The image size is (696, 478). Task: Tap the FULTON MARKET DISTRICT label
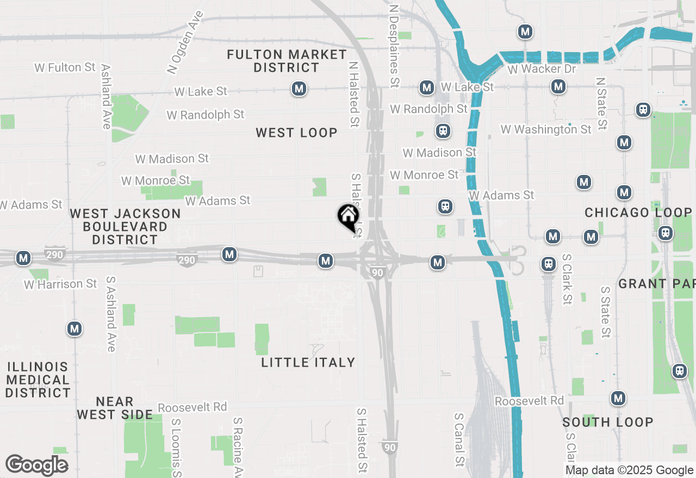coord(287,61)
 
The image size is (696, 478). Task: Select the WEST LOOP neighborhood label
coord(296,133)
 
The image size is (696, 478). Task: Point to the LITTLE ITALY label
coord(308,362)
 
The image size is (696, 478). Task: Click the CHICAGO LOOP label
coord(638,212)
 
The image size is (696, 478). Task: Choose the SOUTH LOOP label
coord(608,422)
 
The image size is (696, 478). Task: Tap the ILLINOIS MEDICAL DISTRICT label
coord(38,380)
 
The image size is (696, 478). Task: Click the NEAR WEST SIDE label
coord(115,408)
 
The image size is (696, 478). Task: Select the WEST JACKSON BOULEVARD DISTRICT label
coord(126,227)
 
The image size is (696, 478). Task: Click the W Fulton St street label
coord(65,67)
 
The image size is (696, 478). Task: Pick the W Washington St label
coord(546,129)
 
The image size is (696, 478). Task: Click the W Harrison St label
coord(60,284)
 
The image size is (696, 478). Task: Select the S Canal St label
coord(459,439)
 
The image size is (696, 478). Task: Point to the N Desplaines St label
coord(394,47)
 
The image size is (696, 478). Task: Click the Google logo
coord(36,466)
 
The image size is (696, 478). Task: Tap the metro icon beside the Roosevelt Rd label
coord(618,398)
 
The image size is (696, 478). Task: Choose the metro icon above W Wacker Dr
coord(525,32)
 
